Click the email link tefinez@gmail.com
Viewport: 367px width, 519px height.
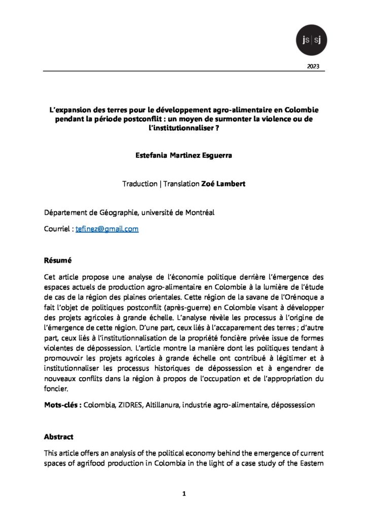pos(107,229)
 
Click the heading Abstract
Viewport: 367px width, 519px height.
pos(59,437)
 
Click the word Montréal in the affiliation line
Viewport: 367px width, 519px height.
pos(200,213)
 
